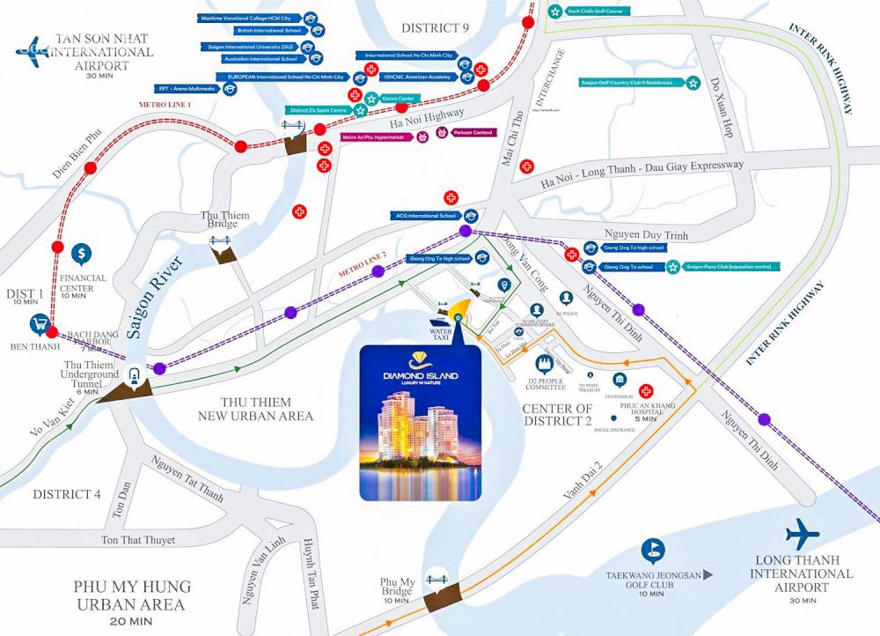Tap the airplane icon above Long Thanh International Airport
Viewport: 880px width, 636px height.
802,534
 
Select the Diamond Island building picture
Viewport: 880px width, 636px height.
421,423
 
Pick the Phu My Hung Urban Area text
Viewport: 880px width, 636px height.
131,595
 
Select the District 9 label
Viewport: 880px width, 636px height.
435,28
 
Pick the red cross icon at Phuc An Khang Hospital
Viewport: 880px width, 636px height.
647,391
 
